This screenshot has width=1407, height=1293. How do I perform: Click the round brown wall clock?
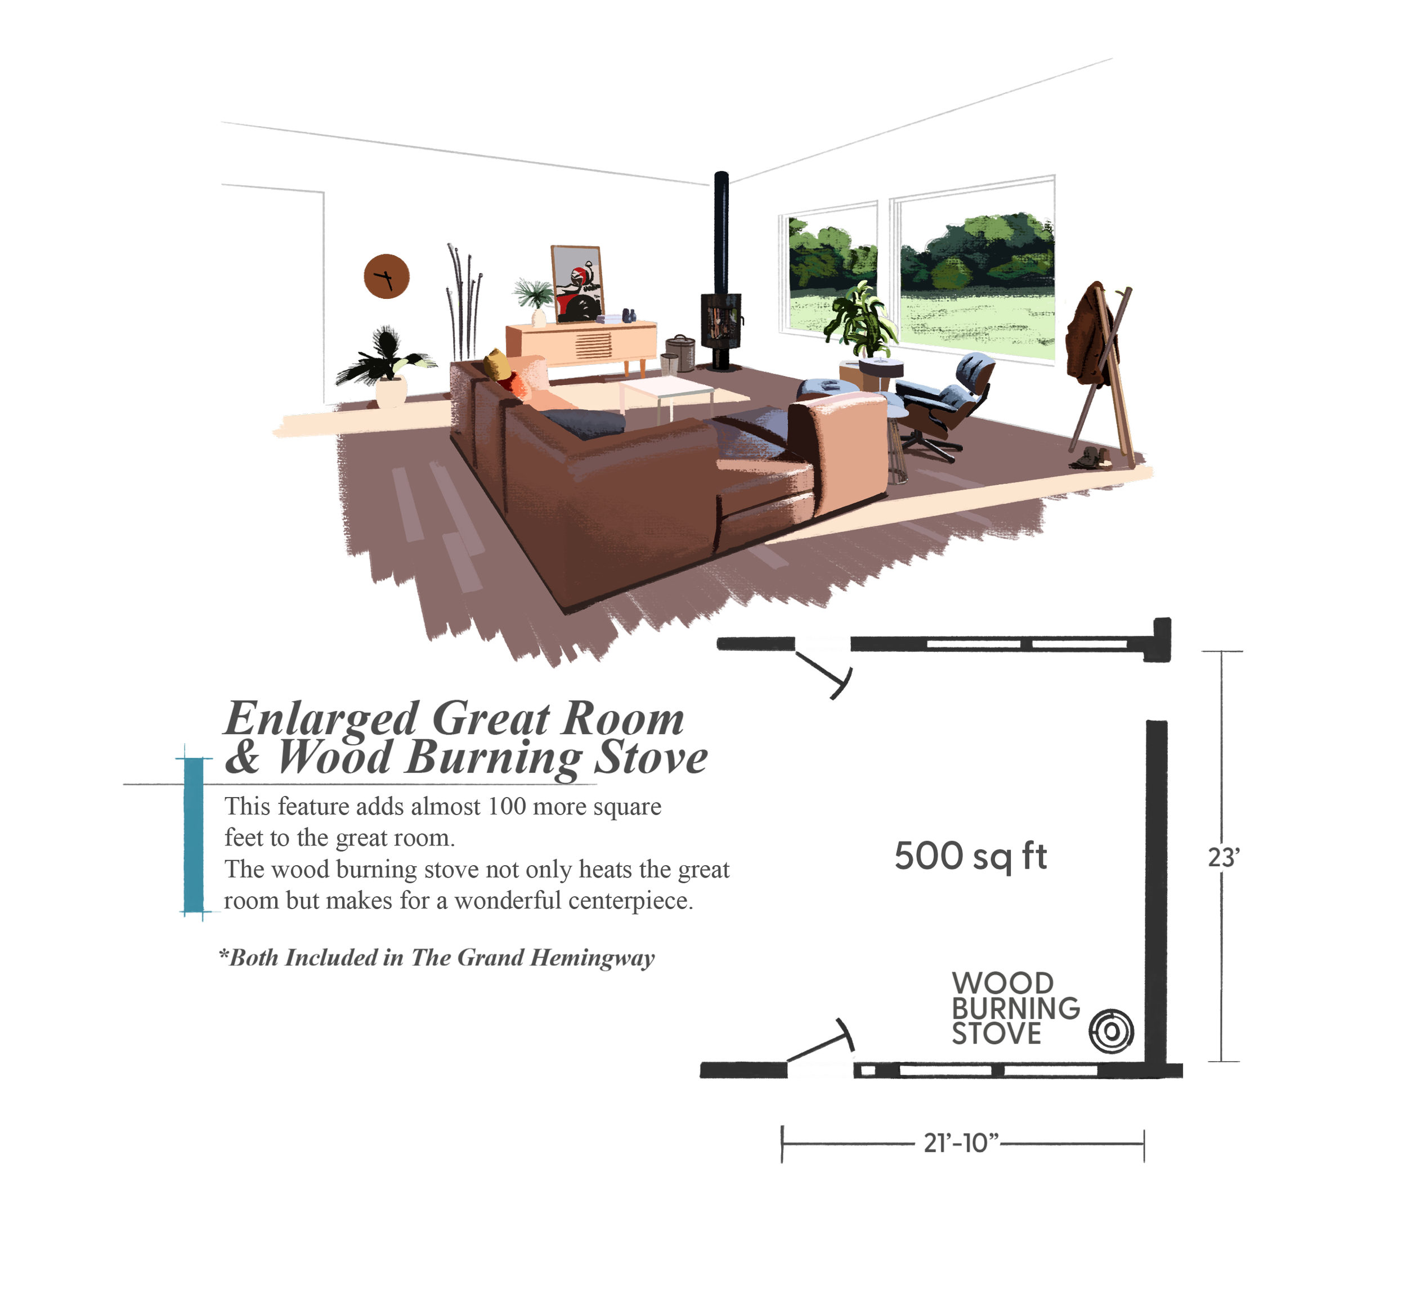click(x=386, y=276)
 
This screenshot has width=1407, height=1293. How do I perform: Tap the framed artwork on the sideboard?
click(x=577, y=283)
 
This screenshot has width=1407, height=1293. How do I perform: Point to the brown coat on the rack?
click(x=1085, y=336)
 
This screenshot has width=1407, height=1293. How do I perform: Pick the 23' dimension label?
click(x=1222, y=858)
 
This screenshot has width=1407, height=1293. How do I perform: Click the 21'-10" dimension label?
click(x=960, y=1144)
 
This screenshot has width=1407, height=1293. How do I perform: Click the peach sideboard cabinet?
click(x=581, y=343)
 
